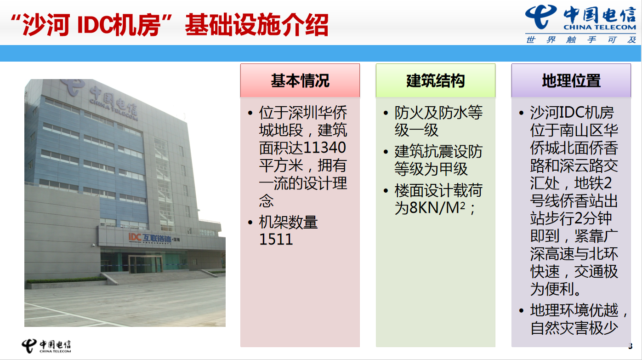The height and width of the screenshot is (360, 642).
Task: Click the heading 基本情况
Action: pyautogui.click(x=300, y=80)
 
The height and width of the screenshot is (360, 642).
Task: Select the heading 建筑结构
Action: pyautogui.click(x=436, y=80)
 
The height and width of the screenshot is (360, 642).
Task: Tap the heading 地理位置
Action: pyautogui.click(x=571, y=80)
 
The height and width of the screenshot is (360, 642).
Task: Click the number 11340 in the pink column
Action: pyautogui.click(x=324, y=148)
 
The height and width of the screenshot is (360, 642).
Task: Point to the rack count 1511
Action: pyautogui.click(x=276, y=239)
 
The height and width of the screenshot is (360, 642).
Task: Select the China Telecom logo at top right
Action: pyautogui.click(x=581, y=18)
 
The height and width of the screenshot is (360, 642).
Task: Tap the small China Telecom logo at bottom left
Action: pyautogui.click(x=46, y=346)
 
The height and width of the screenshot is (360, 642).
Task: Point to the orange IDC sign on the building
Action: pyautogui.click(x=135, y=237)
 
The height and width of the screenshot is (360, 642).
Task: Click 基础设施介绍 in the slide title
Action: pyautogui.click(x=256, y=25)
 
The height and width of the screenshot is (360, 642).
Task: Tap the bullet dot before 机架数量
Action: pyautogui.click(x=250, y=223)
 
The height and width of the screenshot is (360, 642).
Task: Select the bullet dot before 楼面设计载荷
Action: pyautogui.click(x=386, y=190)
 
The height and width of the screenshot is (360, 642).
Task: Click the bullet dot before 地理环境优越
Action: pyautogui.click(x=521, y=310)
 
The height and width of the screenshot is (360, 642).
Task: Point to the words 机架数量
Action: pyautogui.click(x=288, y=222)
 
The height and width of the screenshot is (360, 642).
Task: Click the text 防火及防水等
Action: pyautogui.click(x=438, y=113)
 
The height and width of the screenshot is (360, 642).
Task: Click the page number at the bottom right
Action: pyautogui.click(x=630, y=346)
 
